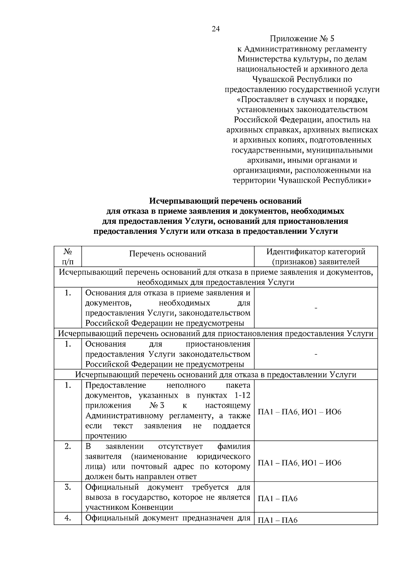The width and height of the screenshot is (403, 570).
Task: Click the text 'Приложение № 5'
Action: [302, 39]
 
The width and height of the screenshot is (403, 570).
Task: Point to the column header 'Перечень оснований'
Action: [168, 254]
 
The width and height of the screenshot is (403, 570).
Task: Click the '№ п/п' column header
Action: [68, 257]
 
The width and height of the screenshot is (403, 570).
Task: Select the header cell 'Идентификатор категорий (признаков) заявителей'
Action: [316, 257]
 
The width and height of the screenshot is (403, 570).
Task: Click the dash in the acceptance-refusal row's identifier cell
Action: [316, 308]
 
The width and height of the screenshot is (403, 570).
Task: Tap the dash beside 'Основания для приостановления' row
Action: [316, 354]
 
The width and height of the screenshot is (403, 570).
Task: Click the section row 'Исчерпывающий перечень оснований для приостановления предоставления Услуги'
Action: [216, 334]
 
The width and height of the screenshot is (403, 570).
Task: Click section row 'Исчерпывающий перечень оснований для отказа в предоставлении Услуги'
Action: [216, 375]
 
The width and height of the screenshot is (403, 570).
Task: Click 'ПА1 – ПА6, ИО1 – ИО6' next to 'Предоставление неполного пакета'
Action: [299, 412]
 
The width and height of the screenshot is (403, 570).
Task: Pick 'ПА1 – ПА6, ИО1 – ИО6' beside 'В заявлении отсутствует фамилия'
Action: [299, 463]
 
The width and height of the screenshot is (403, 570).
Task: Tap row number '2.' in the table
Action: [68, 446]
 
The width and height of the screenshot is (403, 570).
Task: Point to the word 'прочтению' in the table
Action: [106, 436]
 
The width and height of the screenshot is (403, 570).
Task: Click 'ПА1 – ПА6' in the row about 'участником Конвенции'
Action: [277, 499]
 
